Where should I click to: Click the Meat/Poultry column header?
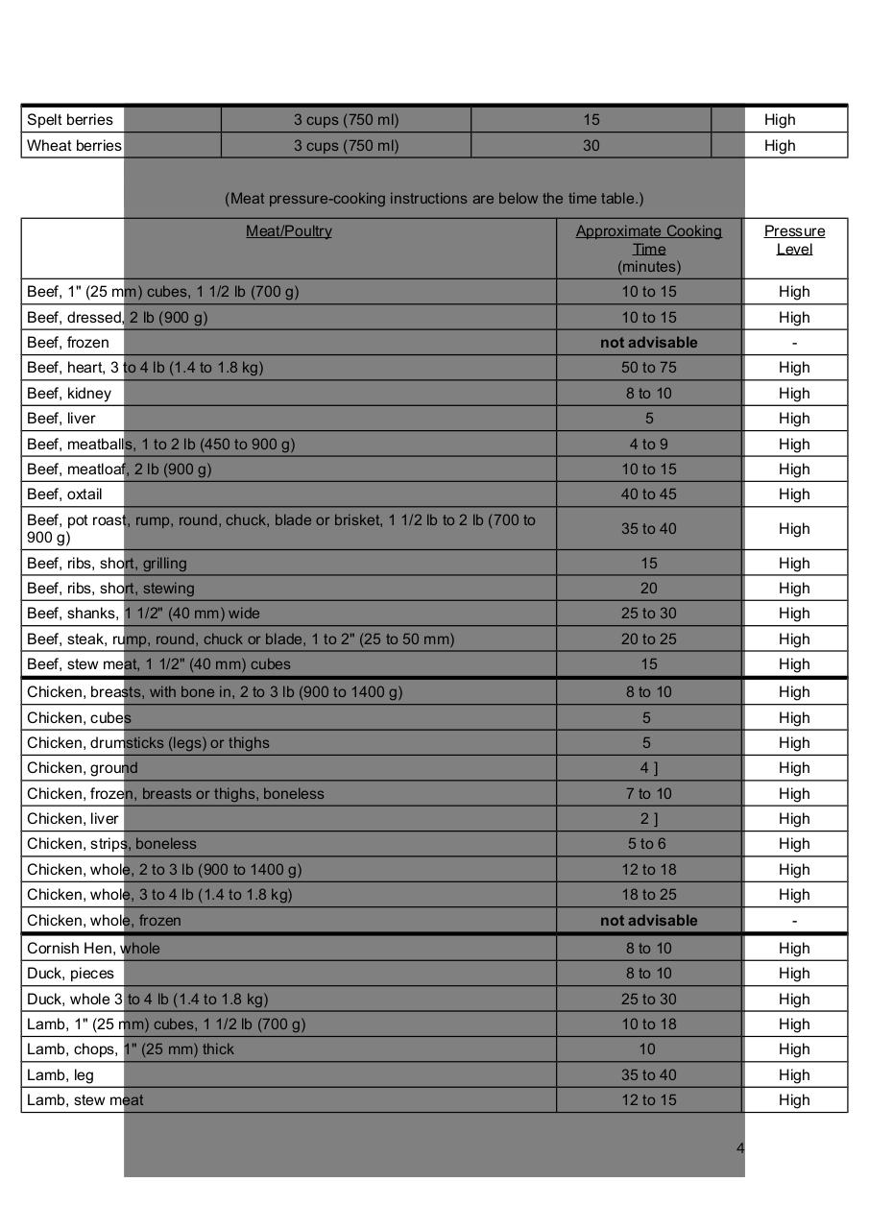coord(289,231)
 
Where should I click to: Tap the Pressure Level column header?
coord(794,240)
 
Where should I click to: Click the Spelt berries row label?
coord(70,120)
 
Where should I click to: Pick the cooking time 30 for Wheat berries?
coord(591,146)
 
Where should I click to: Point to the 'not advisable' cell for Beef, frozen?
coord(649,343)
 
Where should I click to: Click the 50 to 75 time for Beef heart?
coord(649,368)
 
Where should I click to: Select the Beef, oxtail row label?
coord(64,494)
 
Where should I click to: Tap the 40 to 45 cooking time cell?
coord(649,494)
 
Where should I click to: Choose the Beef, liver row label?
coord(61,419)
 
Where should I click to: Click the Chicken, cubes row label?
coord(79,718)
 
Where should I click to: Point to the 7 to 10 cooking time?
coord(649,794)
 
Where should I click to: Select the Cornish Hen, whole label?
coord(93,949)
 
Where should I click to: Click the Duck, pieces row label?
coord(70,974)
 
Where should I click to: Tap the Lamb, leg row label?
coord(60,1075)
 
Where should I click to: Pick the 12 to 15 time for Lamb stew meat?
coord(649,1100)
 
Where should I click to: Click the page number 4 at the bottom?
coord(740,1148)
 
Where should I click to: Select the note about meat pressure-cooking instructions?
coord(434,199)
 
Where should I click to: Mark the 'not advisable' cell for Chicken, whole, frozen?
coord(649,921)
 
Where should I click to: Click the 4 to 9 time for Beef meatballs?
coord(649,445)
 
